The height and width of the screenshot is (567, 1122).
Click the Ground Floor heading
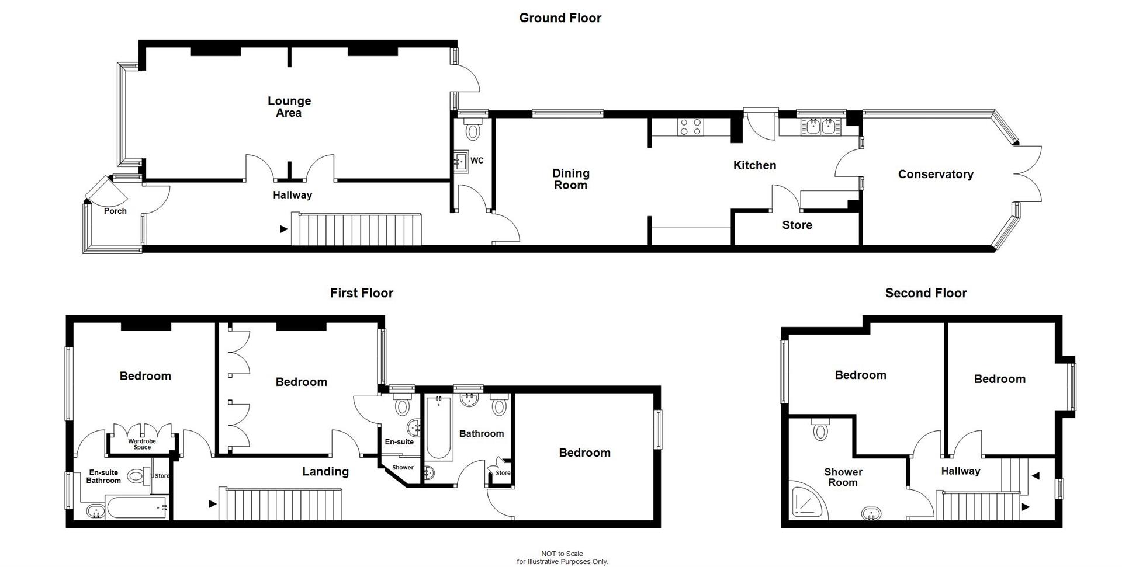(x=560, y=18)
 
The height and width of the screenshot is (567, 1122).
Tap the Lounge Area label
(x=289, y=107)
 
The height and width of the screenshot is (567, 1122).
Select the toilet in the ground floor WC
(x=472, y=130)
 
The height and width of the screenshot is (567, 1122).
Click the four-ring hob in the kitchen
(x=690, y=127)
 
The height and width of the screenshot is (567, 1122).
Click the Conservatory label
(x=935, y=174)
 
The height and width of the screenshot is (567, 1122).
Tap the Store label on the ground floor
(x=797, y=225)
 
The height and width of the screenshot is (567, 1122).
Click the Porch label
(x=115, y=211)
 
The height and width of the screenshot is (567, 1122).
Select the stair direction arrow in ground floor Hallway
(x=284, y=229)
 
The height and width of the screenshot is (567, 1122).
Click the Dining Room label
(x=570, y=179)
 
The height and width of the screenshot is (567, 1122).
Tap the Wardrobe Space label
(x=142, y=444)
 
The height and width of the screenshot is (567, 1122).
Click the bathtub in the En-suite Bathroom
(x=136, y=508)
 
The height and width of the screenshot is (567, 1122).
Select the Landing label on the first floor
(x=325, y=472)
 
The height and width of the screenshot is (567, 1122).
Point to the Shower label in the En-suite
(x=403, y=468)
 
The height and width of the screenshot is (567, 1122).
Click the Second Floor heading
(x=926, y=293)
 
